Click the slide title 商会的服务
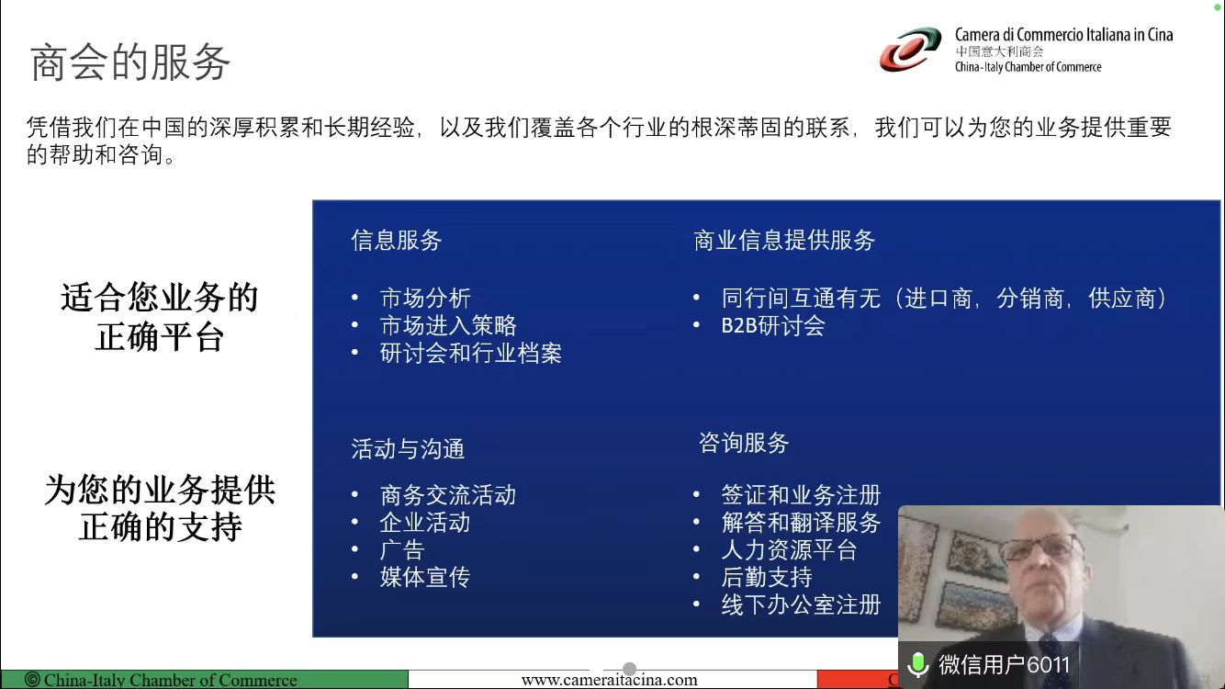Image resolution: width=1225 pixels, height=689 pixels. [130, 62]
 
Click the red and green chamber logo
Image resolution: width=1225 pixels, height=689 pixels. [910, 50]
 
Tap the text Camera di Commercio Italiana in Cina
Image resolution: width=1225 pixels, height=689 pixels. [1063, 35]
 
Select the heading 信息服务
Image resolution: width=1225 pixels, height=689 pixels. [397, 241]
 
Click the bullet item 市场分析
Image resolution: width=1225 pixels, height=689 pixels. [425, 299]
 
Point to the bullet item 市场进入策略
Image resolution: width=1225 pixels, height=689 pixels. [448, 325]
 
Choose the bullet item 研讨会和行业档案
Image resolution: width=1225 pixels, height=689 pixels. [471, 353]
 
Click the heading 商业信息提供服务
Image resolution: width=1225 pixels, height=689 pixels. [784, 241]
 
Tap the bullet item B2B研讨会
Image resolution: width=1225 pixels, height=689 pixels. [773, 325]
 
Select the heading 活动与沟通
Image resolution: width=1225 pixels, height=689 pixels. [408, 449]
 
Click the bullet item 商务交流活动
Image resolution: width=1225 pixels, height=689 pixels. [448, 495]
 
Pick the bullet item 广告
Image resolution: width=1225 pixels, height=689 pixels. [402, 550]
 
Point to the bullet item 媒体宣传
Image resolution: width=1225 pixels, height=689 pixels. [425, 577]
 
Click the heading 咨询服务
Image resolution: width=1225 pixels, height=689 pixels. [744, 443]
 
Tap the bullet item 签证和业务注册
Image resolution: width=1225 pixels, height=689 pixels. [801, 495]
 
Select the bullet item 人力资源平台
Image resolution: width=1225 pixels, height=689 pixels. [789, 550]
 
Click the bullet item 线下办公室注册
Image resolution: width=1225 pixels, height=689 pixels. [801, 604]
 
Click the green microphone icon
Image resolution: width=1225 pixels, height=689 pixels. [918, 665]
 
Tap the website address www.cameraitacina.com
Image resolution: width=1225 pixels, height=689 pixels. [609, 680]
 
